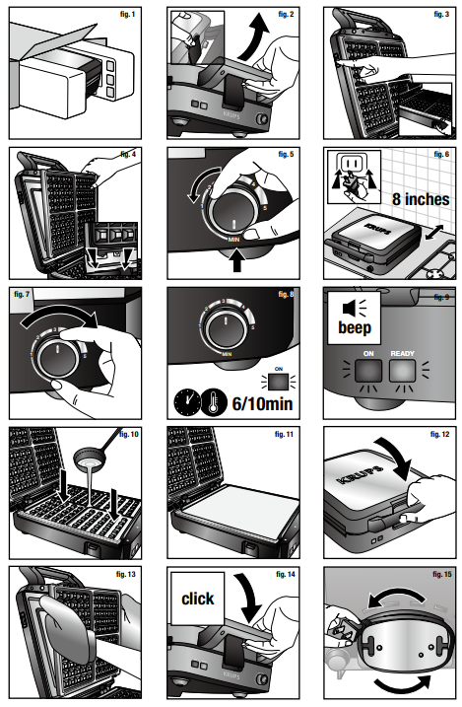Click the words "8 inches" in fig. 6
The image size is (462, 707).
click(x=404, y=199)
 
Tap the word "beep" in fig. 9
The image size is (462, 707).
click(x=355, y=327)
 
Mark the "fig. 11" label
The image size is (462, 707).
click(x=282, y=434)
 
